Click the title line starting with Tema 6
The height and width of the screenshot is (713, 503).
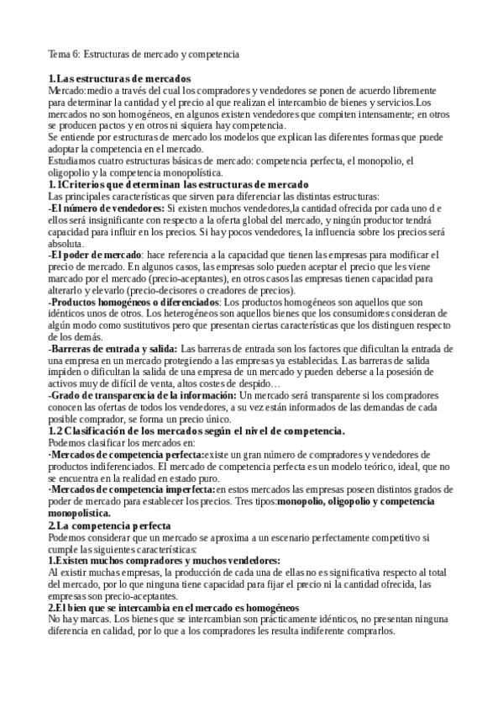144,54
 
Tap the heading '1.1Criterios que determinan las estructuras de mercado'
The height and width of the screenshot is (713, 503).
179,184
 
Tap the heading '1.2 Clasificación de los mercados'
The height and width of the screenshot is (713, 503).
196,430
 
